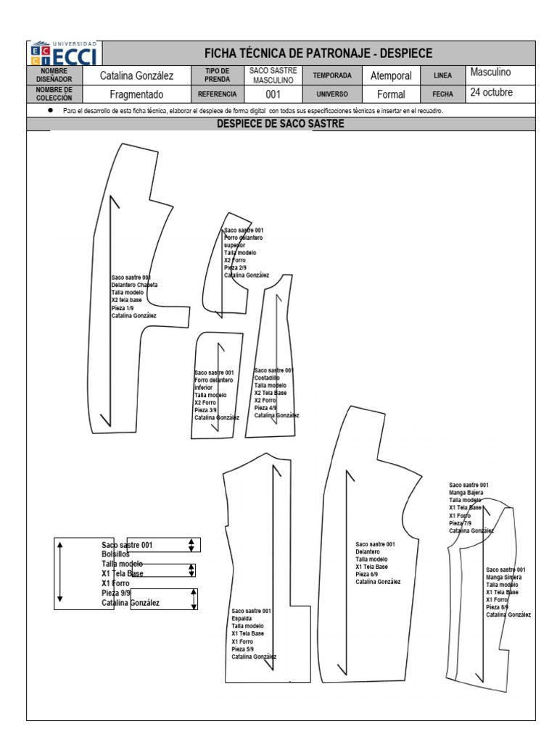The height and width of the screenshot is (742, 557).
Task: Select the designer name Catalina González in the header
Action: [x=136, y=75]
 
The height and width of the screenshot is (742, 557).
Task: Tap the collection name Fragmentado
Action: [x=136, y=94]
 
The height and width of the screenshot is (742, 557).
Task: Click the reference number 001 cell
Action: [x=273, y=94]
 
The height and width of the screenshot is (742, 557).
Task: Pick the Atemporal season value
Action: [x=391, y=75]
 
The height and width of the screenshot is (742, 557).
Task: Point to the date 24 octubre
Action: [x=491, y=93]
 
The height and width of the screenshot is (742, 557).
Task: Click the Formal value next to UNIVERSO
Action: [x=391, y=94]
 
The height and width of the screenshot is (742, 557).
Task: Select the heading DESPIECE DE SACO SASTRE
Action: [x=281, y=124]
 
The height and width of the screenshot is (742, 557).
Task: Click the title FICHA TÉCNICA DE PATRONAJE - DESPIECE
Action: [x=318, y=53]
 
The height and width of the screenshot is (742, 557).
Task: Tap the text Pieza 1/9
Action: [x=123, y=308]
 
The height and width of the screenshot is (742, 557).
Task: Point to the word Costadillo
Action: [x=266, y=378]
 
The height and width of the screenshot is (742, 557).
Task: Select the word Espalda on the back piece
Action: [x=242, y=619]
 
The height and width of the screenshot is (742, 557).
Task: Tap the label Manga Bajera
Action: [x=466, y=493]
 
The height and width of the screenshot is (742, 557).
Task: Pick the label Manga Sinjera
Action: [x=503, y=577]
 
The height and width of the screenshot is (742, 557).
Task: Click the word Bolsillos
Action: [x=116, y=554]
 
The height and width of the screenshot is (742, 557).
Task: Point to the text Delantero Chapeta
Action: [x=134, y=285]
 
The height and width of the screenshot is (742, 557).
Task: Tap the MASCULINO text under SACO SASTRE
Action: [x=273, y=80]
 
